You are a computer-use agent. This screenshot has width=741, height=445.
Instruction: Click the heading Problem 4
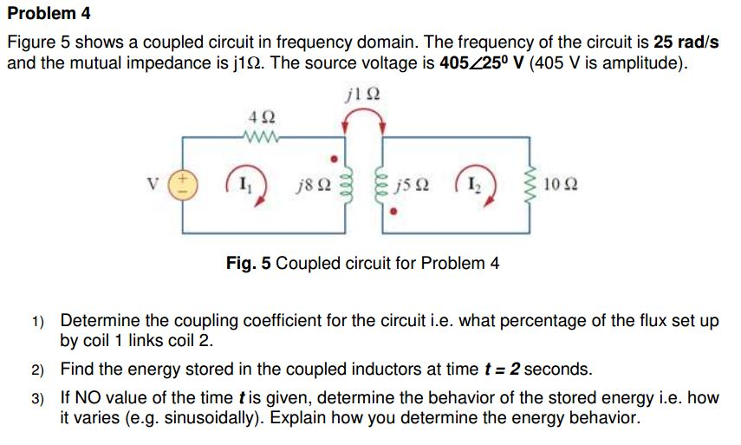click(49, 14)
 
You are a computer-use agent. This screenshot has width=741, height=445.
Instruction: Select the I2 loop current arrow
click(478, 185)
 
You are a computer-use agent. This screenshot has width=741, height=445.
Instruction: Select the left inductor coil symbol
click(348, 185)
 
